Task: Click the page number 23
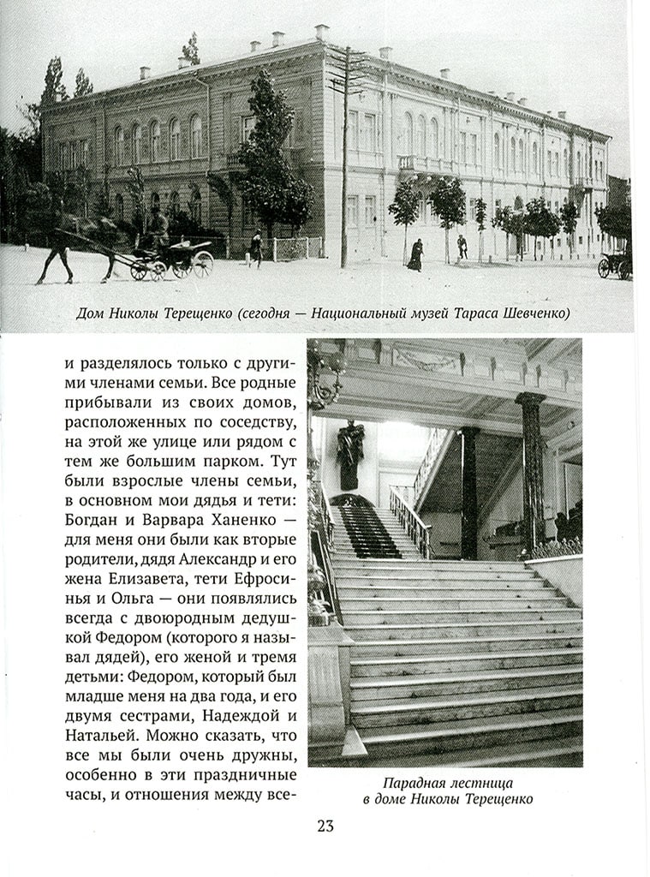pyautogui.click(x=325, y=826)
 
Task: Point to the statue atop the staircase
pyautogui.click(x=349, y=452)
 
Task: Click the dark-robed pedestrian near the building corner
pyautogui.click(x=415, y=254)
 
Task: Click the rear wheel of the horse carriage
pyautogui.click(x=202, y=262)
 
